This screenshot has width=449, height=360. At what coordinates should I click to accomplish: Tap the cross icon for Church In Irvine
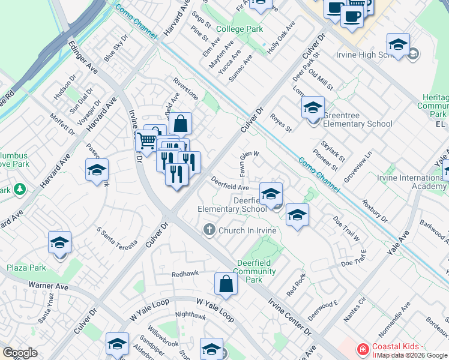click(209, 230)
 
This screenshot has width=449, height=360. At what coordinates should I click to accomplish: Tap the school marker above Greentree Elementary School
click(312, 108)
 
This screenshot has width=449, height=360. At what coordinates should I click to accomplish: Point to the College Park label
click(239, 29)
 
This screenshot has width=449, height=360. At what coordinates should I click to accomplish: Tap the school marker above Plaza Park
click(59, 243)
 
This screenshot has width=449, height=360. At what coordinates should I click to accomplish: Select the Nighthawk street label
click(190, 315)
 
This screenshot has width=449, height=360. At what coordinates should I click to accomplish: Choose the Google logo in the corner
click(20, 353)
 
